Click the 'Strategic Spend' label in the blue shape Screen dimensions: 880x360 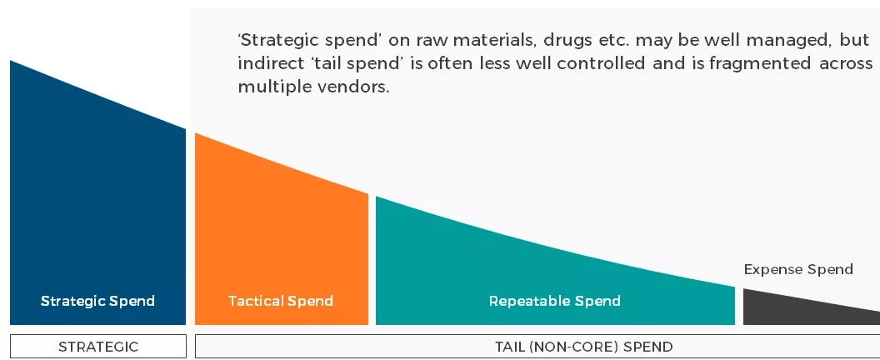(97, 301)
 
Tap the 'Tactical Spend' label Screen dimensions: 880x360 (281, 301)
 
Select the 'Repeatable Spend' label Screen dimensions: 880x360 (554, 301)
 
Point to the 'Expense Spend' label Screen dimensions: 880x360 (798, 269)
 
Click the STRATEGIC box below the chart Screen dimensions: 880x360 (98, 347)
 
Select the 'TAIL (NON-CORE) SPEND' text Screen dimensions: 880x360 (583, 347)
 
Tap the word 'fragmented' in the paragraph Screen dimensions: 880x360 (760, 62)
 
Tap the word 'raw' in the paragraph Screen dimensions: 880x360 (431, 42)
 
